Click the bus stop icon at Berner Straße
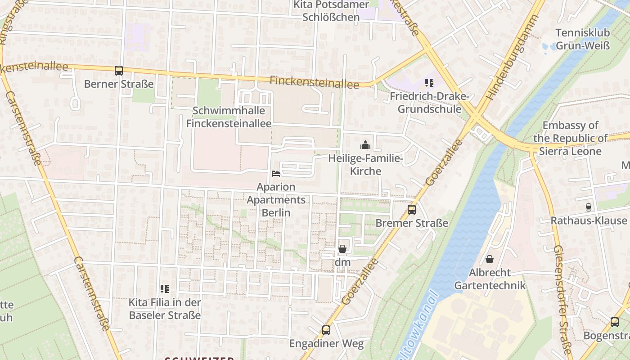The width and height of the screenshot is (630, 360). tap(119, 71)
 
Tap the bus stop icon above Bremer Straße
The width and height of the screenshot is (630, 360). tap(411, 210)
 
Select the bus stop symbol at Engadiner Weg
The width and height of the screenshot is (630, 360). tap(326, 330)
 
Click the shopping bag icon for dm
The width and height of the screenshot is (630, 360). tap(342, 249)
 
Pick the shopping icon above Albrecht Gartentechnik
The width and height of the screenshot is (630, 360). tap(489, 260)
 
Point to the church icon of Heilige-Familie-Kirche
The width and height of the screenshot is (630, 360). tap(365, 145)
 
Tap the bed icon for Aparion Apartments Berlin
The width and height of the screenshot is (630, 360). tap(276, 174)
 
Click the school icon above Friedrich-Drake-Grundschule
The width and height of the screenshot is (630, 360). tap(429, 83)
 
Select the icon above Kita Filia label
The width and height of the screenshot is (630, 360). tap(165, 289)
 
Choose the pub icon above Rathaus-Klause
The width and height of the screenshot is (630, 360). tap(588, 207)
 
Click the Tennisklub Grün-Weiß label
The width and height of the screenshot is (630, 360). tap(582, 39)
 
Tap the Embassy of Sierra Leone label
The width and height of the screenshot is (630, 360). tap(571, 138)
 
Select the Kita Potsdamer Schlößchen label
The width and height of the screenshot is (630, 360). tap(331, 11)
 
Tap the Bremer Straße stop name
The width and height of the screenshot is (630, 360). tap(412, 223)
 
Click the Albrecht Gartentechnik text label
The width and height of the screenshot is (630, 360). tap(490, 279)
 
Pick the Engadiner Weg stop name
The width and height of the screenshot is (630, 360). tap(326, 344)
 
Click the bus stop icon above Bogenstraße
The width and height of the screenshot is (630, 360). tap(615, 322)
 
